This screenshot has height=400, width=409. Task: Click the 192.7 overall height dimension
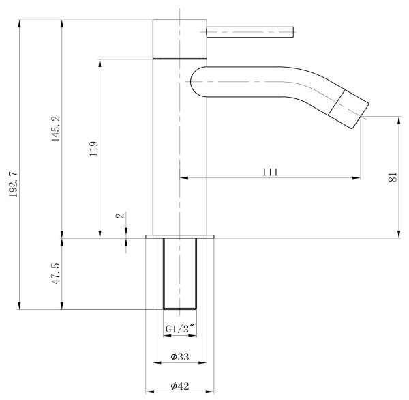click(13, 184)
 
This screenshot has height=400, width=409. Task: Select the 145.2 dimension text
click(56, 129)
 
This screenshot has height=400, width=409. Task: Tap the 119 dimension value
click(93, 149)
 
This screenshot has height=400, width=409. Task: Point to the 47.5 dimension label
click(56, 274)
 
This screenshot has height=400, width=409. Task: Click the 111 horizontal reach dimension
click(270, 172)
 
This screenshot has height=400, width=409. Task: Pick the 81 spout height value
click(393, 177)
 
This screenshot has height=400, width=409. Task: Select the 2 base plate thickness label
click(120, 216)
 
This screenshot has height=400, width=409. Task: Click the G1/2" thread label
click(180, 328)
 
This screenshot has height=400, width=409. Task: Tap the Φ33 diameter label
click(180, 356)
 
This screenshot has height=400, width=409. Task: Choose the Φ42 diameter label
click(180, 386)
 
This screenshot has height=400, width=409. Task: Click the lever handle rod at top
click(250, 32)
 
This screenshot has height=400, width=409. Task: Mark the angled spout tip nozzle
click(348, 109)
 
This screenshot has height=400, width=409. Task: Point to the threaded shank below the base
click(180, 274)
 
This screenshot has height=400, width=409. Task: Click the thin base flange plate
click(180, 236)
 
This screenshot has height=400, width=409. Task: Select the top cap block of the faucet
click(180, 39)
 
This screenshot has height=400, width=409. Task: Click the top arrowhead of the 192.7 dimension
click(19, 24)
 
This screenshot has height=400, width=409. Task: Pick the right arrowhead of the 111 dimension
click(357, 178)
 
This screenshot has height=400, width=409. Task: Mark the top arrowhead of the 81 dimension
click(399, 120)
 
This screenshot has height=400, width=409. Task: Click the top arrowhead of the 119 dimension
click(100, 63)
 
